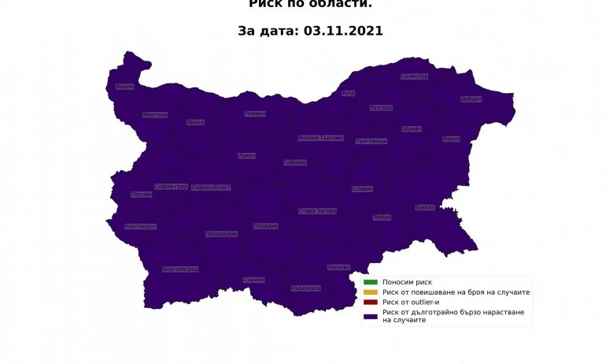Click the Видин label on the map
(x=124, y=87)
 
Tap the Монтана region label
(x=155, y=115)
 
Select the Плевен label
(x=255, y=114)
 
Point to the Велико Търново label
(x=321, y=138)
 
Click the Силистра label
(x=414, y=76)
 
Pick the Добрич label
(x=471, y=99)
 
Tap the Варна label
(x=451, y=139)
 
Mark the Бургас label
(x=425, y=208)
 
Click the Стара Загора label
(x=318, y=211)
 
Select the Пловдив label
(x=266, y=226)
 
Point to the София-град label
(x=171, y=187)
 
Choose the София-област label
(x=211, y=188)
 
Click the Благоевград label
(x=179, y=269)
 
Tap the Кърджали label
(x=306, y=288)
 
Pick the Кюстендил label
(x=140, y=227)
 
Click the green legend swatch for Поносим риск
(x=370, y=282)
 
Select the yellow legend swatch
(x=370, y=292)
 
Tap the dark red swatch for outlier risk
(x=370, y=303)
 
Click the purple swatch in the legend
(x=370, y=316)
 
